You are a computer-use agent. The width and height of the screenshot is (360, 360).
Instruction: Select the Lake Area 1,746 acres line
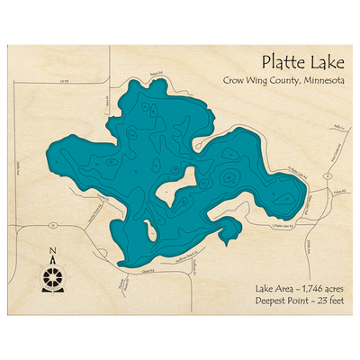(x=298, y=287)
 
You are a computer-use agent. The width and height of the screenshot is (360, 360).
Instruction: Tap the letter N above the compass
(x=53, y=251)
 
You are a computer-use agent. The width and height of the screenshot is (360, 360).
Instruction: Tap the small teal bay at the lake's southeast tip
(x=229, y=236)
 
